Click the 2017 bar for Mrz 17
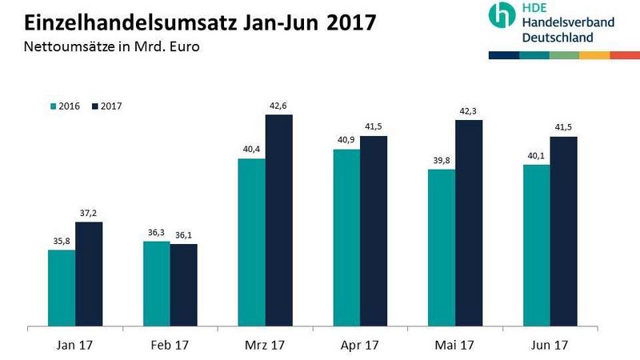[279, 221]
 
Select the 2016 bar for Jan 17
[62, 288]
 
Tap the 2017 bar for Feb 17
[183, 285]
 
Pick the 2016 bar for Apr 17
[346, 238]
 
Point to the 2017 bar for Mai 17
[469, 223]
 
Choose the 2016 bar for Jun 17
[536, 246]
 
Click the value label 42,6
[279, 106]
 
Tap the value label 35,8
[62, 242]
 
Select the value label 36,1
[183, 236]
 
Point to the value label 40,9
[346, 141]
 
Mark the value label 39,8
[442, 162]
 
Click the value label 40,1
[536, 157]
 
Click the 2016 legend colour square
[53, 106]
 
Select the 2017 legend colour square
[94, 106]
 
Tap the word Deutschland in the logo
[558, 37]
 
